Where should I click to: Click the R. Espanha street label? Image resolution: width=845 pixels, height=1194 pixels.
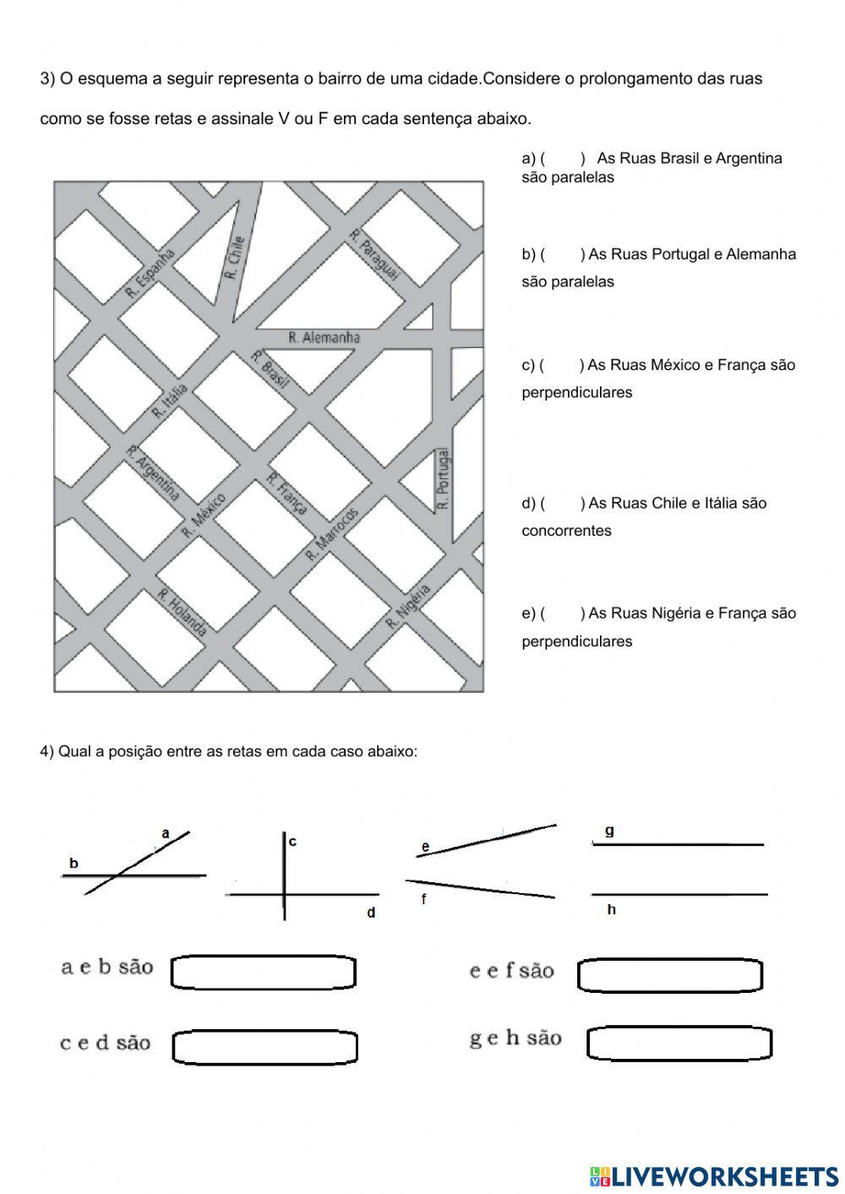(x=150, y=272)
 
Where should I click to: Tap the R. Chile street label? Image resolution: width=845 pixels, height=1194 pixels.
(x=235, y=257)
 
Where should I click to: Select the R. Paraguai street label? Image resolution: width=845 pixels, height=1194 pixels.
(x=373, y=255)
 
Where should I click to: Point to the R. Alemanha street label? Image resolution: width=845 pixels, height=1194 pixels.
(x=324, y=338)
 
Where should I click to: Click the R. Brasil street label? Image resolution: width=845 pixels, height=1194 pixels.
(x=270, y=369)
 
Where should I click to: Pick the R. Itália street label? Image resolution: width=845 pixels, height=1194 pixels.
(x=170, y=401)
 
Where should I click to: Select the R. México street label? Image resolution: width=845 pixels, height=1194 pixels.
(x=204, y=515)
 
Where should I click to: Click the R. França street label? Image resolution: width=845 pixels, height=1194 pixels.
(x=286, y=493)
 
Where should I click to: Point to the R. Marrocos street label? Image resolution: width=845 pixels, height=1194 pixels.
(x=332, y=535)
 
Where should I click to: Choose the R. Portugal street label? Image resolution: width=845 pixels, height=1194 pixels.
(x=444, y=478)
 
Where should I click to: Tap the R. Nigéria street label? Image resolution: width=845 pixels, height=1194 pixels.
(x=408, y=606)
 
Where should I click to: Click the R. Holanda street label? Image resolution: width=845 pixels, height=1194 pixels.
(x=182, y=611)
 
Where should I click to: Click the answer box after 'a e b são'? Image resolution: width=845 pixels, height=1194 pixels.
(x=264, y=973)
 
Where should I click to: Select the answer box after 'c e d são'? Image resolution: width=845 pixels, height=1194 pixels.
(x=264, y=1047)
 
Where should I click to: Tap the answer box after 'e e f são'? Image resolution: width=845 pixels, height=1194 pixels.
(x=670, y=975)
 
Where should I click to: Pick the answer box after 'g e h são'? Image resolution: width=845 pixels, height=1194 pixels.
(x=679, y=1043)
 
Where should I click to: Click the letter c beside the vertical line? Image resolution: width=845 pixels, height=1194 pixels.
(x=292, y=842)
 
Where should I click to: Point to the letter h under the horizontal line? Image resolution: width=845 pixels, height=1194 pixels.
(x=611, y=910)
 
